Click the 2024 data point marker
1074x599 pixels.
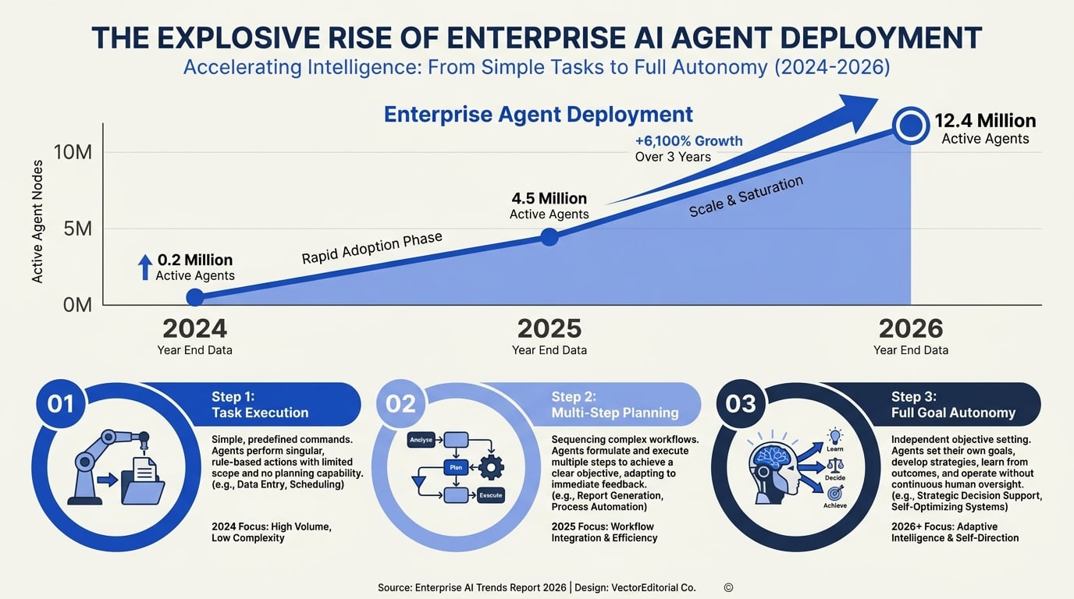(x=194, y=297)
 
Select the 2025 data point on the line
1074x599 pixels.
(x=549, y=237)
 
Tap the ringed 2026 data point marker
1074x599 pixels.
(x=911, y=126)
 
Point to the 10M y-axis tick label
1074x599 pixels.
(x=73, y=152)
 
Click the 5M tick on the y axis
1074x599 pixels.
(x=78, y=229)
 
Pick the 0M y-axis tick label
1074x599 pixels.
(x=77, y=305)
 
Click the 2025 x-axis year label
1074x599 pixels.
(x=549, y=328)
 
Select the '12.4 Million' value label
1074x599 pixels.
(x=985, y=120)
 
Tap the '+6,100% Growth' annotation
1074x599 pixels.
(x=689, y=141)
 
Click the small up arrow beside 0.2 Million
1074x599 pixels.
(x=145, y=267)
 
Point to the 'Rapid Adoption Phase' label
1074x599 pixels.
(x=372, y=248)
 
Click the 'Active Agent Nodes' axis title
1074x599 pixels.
(x=37, y=222)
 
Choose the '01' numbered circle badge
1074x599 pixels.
(x=61, y=403)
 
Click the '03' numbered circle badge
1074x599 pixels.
(x=741, y=403)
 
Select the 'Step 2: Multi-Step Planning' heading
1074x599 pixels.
(x=615, y=405)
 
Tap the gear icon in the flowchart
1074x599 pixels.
(x=491, y=467)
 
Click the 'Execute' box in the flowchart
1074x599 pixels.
(x=490, y=495)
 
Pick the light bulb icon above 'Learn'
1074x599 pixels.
(x=834, y=437)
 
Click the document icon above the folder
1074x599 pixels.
(x=144, y=470)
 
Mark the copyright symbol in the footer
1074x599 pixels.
(x=728, y=587)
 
